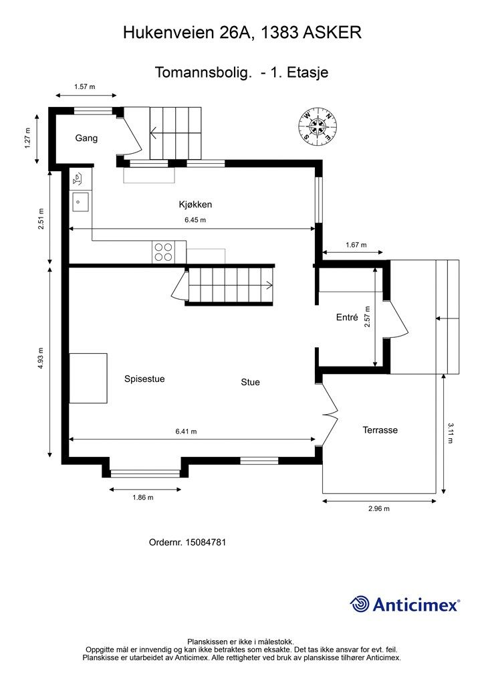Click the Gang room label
86,138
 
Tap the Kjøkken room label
195,204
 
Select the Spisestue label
144,379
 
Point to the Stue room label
251,382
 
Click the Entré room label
347,318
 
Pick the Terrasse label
380,430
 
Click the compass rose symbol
318,125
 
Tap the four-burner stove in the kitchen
163,252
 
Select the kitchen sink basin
80,202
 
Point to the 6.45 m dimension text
195,219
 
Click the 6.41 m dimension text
187,431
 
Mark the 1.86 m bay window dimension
143,497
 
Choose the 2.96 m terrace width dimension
379,508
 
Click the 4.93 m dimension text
40,359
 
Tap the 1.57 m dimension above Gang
85,86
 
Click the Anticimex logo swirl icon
360,604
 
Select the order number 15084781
205,542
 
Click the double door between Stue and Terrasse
330,413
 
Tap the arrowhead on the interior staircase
269,286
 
